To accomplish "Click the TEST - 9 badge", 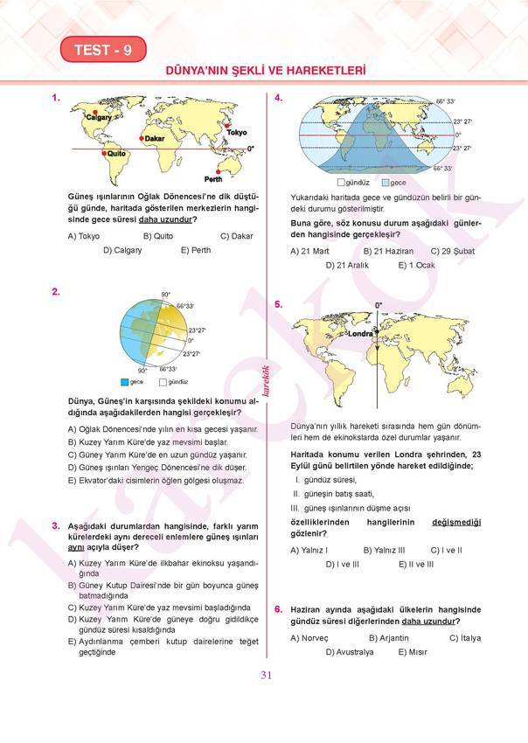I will [103, 50].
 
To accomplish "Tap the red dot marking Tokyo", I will [227, 126].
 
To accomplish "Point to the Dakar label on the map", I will [155, 138].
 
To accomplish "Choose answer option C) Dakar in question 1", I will [236, 236].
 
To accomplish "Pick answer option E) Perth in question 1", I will [196, 250].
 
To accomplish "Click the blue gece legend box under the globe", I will [124, 382].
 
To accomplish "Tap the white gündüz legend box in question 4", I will [341, 182].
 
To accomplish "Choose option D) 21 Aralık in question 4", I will [347, 265].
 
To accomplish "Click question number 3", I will [55, 525].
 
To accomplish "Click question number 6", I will [278, 608].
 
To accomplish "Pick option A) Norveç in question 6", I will [309, 638].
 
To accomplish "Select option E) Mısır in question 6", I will [412, 652].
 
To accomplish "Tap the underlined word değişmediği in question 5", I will [456, 522].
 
